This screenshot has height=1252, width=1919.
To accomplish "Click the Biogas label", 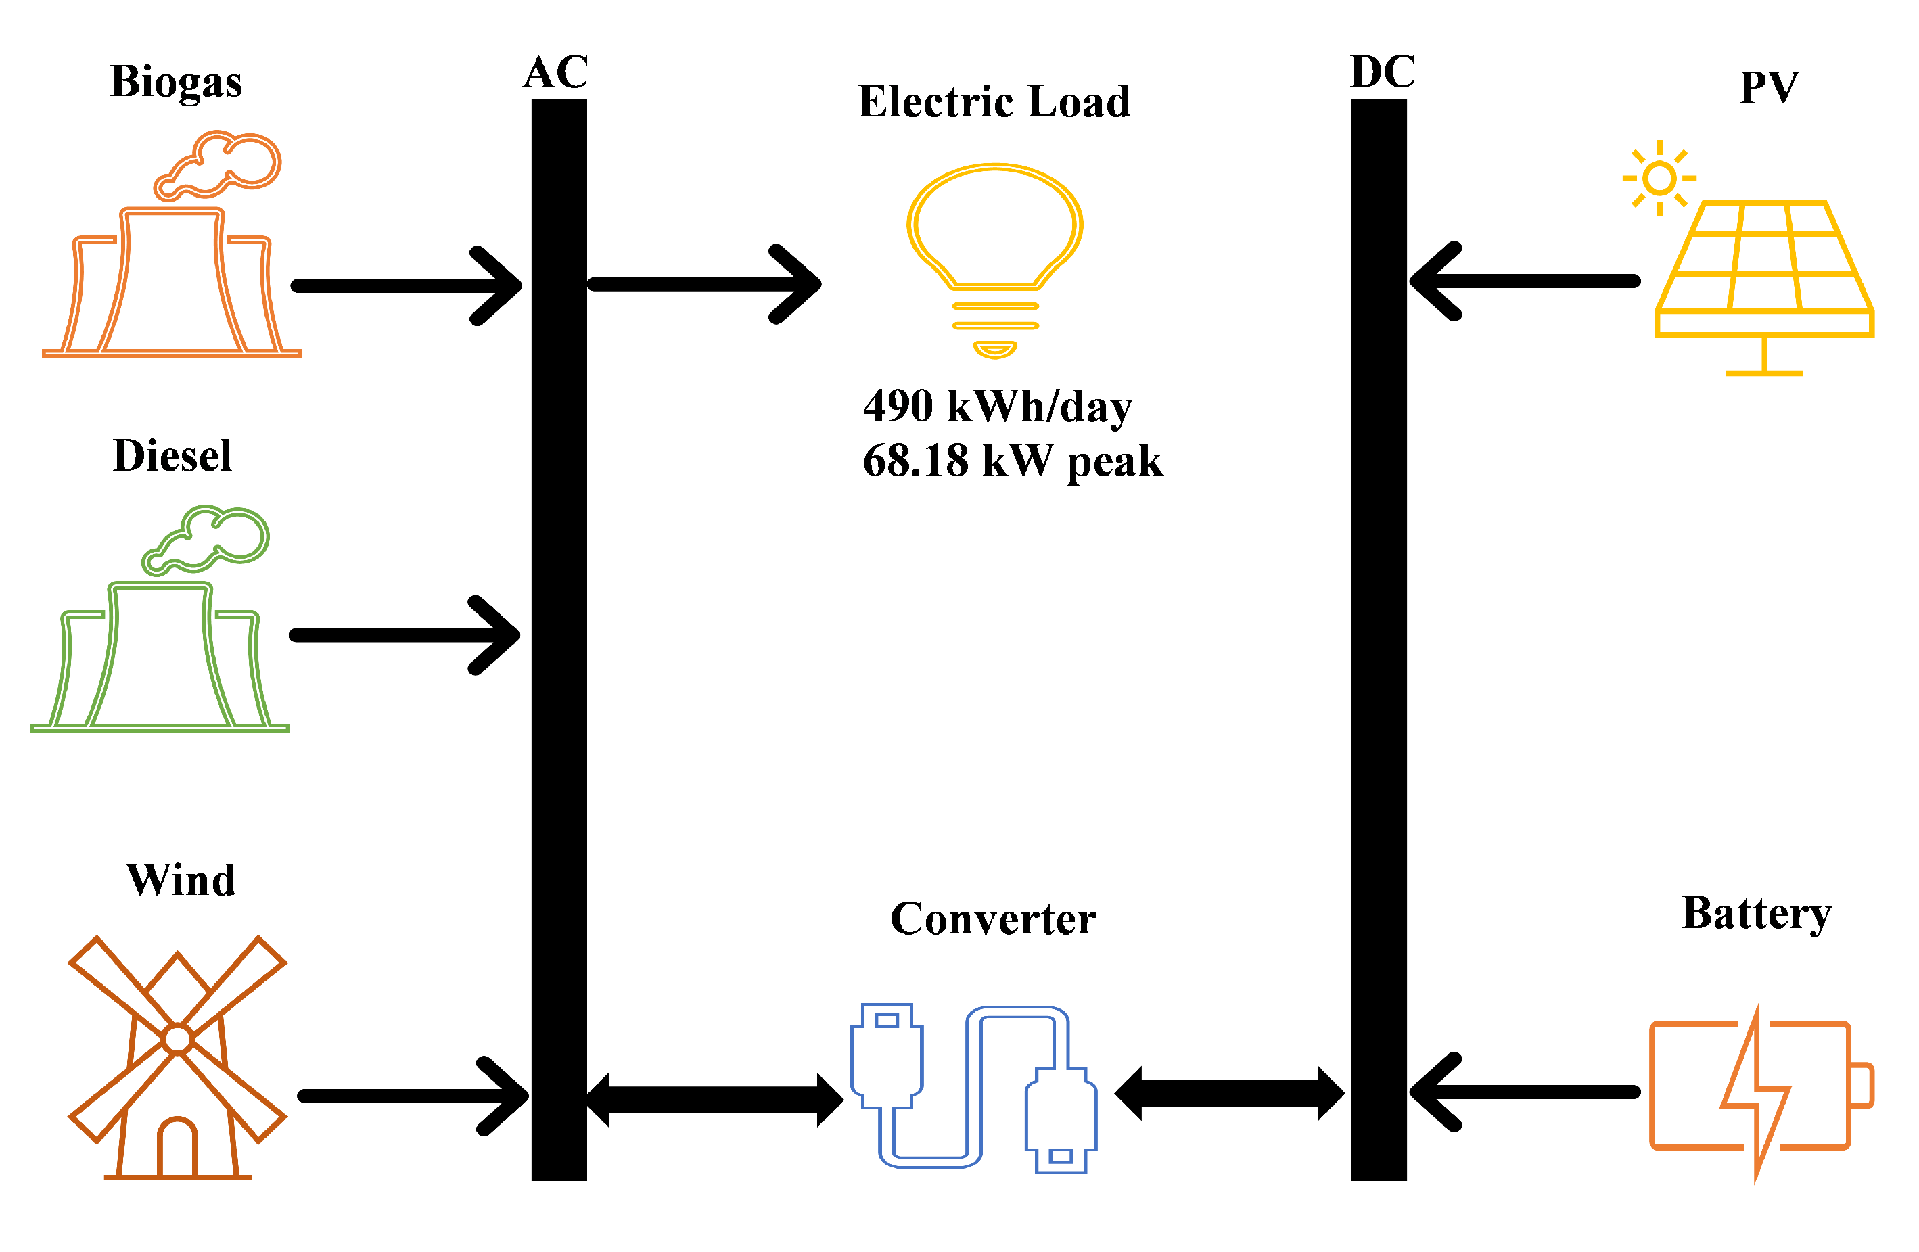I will click(176, 81).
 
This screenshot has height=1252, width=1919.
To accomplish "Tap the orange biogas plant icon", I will click(172, 266).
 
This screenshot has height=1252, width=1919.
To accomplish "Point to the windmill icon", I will click(177, 1056).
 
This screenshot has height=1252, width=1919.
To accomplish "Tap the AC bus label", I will click(555, 72).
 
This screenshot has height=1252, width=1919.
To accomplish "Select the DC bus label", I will click(1382, 72).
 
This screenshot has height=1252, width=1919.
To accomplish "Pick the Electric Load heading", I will click(994, 101).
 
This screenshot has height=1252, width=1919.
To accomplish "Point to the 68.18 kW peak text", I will click(1012, 461).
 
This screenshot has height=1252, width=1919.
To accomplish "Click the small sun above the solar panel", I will click(1659, 178).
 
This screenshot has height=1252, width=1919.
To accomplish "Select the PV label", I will click(1769, 87).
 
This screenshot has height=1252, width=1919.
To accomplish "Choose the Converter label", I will click(992, 919).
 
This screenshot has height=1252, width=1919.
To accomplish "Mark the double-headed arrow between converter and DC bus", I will click(1229, 1093).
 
